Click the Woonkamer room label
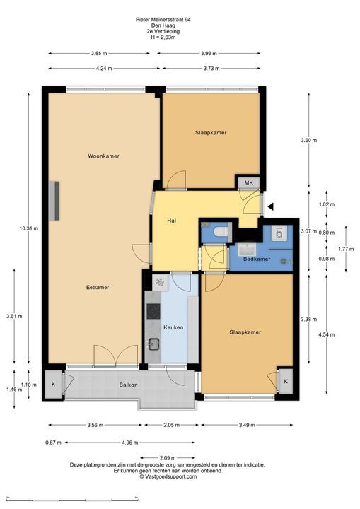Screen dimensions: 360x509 [103, 156]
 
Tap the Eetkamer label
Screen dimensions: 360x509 [98, 287]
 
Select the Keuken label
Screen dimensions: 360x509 [173, 327]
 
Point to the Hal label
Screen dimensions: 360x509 [172, 221]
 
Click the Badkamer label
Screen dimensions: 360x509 [257, 259]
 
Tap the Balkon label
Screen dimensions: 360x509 [128, 385]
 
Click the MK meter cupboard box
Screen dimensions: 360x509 [248, 183]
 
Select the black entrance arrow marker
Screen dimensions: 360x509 [270, 206]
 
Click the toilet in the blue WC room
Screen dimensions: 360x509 [221, 231]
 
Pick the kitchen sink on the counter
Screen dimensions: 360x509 [153, 344]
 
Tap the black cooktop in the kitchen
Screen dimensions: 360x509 [153, 312]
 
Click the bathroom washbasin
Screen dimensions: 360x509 [247, 250]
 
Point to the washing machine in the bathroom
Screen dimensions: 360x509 [279, 233]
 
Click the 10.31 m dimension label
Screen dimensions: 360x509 [28, 228]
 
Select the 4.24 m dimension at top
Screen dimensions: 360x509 [104, 69]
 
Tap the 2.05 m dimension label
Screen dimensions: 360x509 [171, 425]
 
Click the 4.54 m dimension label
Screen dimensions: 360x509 [326, 334]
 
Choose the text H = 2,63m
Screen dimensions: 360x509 [163, 37]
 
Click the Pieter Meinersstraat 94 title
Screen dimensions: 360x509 [163, 20]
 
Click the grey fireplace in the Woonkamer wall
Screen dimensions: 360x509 [54, 201]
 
